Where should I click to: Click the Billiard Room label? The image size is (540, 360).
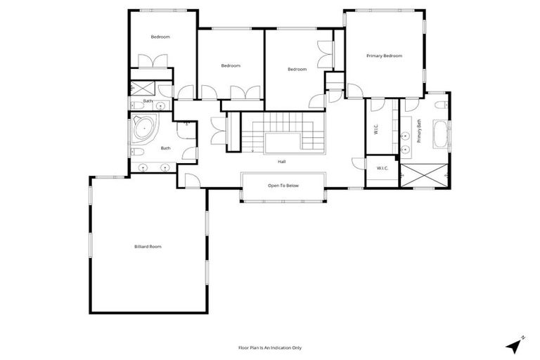point(148,246)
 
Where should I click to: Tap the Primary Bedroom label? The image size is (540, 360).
point(384,55)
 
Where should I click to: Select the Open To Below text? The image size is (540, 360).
point(283,186)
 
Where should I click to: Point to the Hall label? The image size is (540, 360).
point(281,162)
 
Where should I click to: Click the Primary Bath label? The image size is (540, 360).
point(419,131)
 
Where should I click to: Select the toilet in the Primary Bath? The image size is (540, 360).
point(439,105)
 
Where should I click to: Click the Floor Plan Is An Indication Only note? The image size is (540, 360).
point(271,347)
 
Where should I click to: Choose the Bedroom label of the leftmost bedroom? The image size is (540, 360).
point(160,37)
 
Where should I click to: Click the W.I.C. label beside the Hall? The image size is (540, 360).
point(382,168)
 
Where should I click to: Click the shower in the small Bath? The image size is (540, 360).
point(143,89)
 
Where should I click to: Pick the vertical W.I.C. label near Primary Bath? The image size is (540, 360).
point(377,129)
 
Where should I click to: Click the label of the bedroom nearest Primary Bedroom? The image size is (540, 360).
point(297,69)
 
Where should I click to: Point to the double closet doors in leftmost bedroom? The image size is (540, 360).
point(151,61)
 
